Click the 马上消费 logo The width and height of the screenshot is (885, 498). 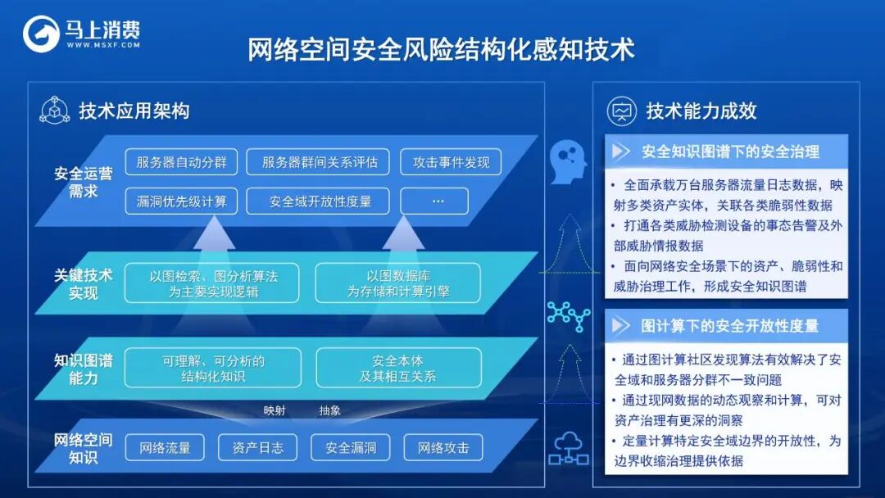tap(81, 34)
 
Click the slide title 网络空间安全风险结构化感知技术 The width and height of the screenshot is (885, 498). tap(442, 49)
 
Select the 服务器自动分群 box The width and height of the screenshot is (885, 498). tap(181, 161)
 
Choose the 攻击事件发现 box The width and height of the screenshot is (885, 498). tap(450, 161)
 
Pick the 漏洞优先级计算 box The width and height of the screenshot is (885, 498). tap(181, 201)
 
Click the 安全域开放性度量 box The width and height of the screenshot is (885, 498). tap(320, 201)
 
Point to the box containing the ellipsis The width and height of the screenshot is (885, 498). tap(434, 201)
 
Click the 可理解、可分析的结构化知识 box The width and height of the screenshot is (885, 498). tap(212, 368)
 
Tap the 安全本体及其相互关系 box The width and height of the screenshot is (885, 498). tap(397, 368)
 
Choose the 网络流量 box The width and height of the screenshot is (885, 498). tap(165, 447)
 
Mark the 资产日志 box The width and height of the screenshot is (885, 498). tap(257, 447)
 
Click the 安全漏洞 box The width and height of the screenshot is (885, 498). tap(350, 447)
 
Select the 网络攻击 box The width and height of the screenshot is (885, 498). tap(442, 447)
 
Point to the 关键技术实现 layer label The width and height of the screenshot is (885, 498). tap(83, 283)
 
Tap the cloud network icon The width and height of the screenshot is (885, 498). tap(568, 447)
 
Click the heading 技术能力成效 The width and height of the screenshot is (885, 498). tap(701, 111)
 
